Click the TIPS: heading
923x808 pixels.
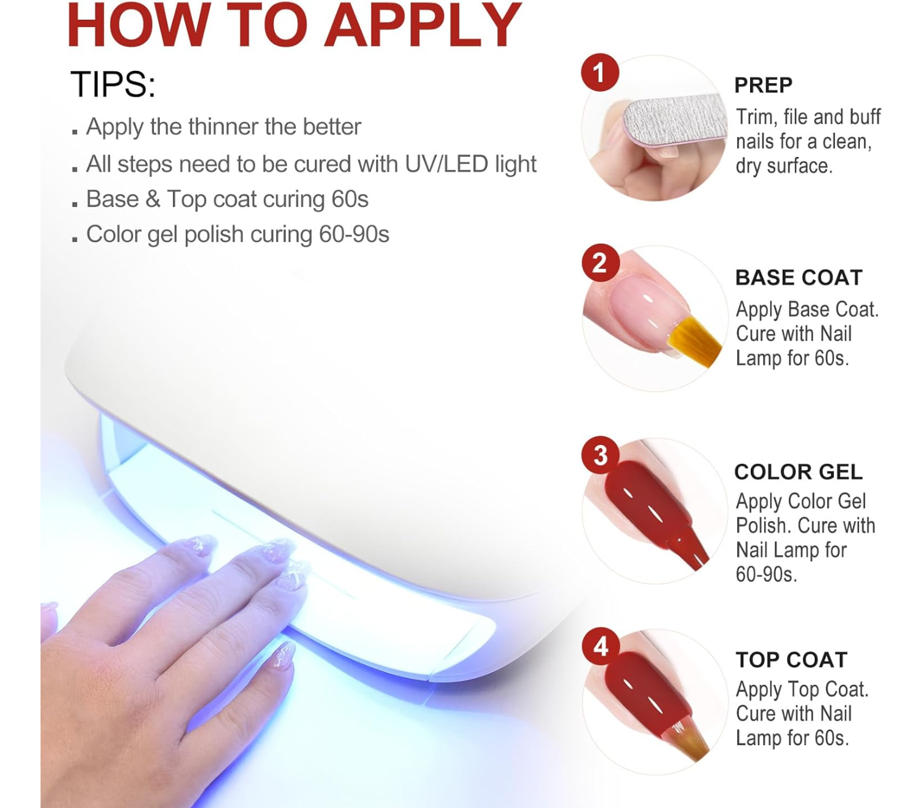coord(113,84)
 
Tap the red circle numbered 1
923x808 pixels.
coord(599,72)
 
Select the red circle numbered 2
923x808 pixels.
coord(600,263)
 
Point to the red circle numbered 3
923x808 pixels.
coord(601,455)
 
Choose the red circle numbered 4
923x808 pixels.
coord(601,647)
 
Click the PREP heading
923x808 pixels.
coord(763,85)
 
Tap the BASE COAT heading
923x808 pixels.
coord(799,277)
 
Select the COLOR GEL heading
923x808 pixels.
coord(798,471)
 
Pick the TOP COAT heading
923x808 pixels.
coord(791,660)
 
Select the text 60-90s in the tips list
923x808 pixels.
coord(354,234)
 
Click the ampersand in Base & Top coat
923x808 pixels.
coord(153,199)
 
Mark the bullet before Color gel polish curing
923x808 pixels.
coord(75,239)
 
